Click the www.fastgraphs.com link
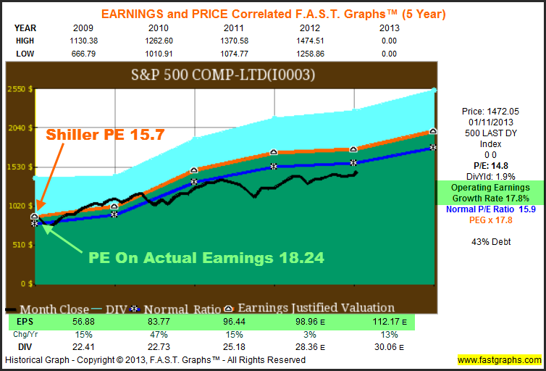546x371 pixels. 499,360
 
